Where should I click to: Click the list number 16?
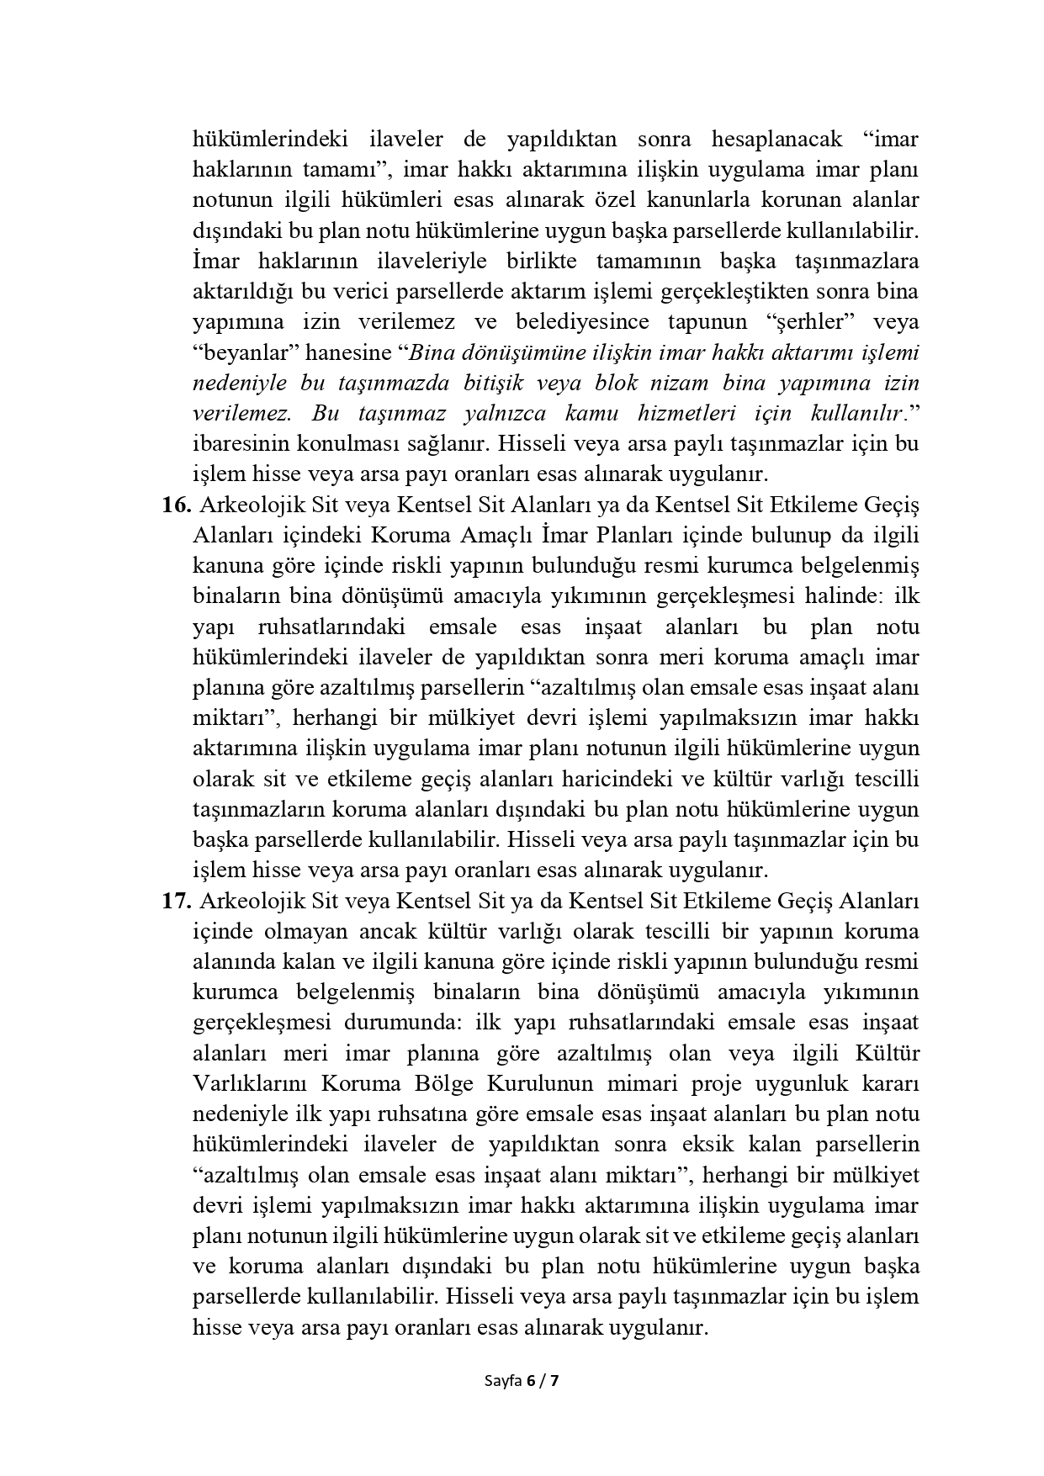178,505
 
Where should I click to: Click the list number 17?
178,901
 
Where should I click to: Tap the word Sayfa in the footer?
503,1379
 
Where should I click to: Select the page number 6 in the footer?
531,1379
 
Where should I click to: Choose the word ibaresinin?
245,443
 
